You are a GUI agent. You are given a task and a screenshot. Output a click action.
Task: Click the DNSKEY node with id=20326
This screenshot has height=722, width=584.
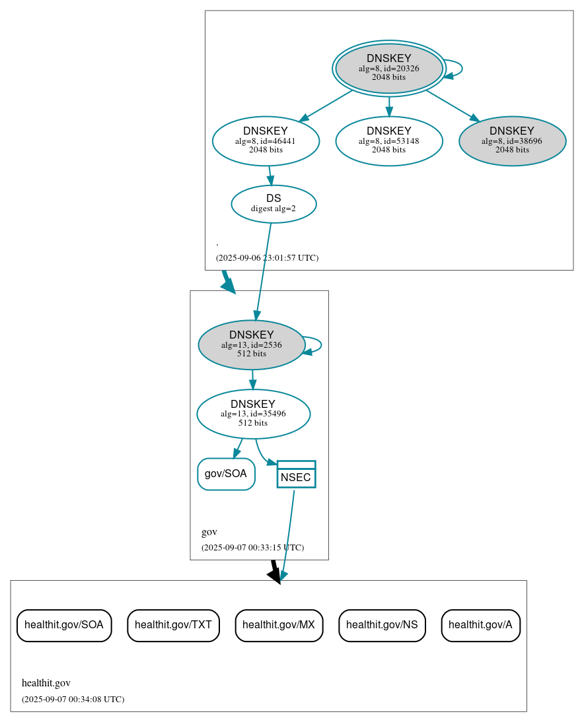(388, 68)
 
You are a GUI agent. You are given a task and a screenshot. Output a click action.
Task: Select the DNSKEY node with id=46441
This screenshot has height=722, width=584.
(266, 141)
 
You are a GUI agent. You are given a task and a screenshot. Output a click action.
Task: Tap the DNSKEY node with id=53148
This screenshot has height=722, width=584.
(388, 141)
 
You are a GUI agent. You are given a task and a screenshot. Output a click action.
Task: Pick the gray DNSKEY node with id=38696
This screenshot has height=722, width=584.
(512, 141)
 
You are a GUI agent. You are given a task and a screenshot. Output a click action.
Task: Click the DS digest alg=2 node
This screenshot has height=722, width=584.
(274, 203)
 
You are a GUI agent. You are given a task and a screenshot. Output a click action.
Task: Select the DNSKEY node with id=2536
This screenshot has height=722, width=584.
(251, 345)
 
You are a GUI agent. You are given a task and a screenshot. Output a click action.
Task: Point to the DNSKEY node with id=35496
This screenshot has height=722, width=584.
(253, 414)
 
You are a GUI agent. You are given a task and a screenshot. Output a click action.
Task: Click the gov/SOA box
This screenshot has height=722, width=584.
(226, 474)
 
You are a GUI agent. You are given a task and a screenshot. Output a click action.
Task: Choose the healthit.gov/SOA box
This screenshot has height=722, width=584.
(64, 625)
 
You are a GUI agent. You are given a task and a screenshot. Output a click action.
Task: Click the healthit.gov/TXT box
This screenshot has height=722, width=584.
(173, 625)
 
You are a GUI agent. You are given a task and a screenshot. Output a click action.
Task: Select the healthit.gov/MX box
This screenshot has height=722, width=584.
(279, 625)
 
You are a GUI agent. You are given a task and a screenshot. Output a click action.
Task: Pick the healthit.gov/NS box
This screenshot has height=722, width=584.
(382, 625)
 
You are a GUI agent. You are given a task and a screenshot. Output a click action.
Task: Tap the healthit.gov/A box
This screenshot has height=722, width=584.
(480, 625)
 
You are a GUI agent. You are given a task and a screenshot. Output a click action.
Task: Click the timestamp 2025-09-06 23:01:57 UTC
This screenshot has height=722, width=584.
(267, 258)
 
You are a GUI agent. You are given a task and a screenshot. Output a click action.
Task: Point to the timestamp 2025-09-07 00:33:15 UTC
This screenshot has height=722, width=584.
(252, 548)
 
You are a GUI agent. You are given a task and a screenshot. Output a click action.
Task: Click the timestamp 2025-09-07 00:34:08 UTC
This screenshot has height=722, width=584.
(73, 700)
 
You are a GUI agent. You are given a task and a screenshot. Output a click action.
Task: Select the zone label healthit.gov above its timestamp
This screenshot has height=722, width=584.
(46, 683)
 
